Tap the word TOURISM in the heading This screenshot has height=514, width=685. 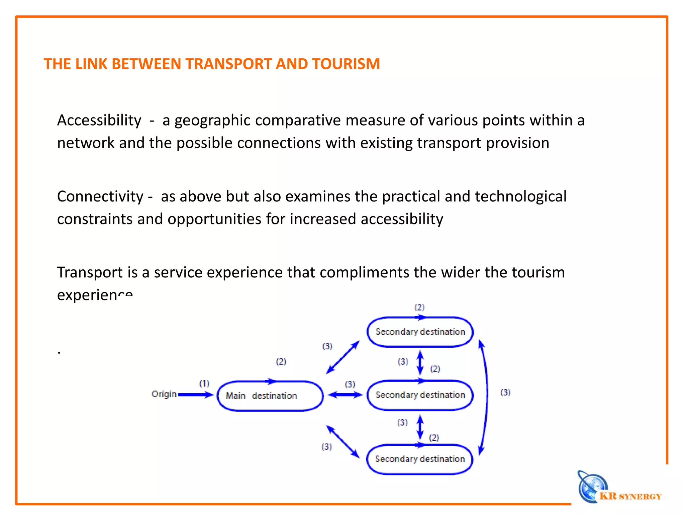(346, 64)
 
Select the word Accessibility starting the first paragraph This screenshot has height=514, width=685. (99, 120)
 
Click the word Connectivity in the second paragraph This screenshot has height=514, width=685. (100, 196)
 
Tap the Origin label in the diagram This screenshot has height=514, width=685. (164, 394)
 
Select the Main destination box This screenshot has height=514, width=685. (270, 396)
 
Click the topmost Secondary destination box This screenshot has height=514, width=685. (420, 332)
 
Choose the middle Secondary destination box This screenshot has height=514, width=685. (420, 395)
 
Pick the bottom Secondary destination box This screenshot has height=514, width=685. (420, 459)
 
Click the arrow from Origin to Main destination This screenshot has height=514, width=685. (196, 395)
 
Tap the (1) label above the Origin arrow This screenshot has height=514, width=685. (204, 383)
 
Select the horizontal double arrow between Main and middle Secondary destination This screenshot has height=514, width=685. (345, 395)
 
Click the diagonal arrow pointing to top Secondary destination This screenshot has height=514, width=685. (343, 357)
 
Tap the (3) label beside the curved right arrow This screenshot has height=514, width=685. (505, 393)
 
